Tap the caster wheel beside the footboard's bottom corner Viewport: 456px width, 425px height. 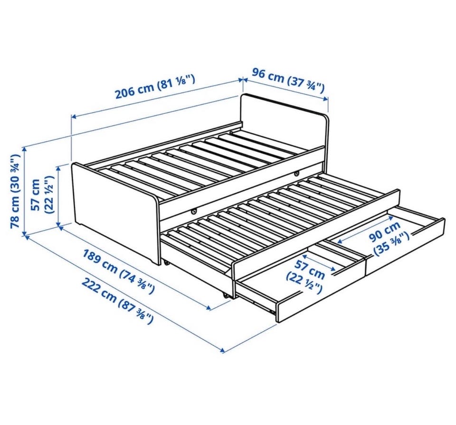[x=167, y=263]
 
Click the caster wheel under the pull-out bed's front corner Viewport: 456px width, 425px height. [x=225, y=296]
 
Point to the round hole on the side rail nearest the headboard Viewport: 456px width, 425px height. [x=296, y=174]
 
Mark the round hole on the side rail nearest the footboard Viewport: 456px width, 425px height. [x=194, y=212]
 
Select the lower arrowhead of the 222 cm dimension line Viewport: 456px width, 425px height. [x=223, y=351]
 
